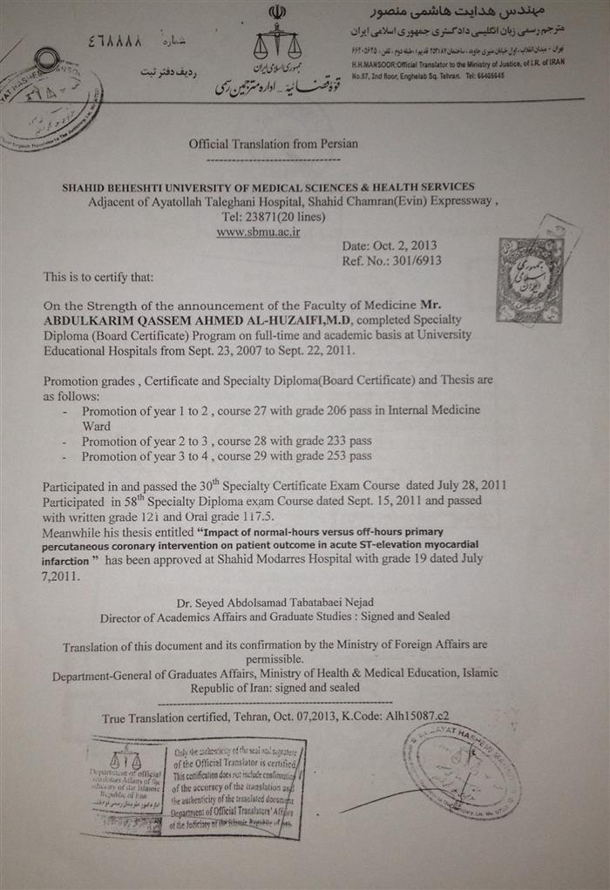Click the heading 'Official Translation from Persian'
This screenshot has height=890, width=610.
point(273,144)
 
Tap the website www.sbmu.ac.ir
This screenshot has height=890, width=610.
point(258,233)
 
